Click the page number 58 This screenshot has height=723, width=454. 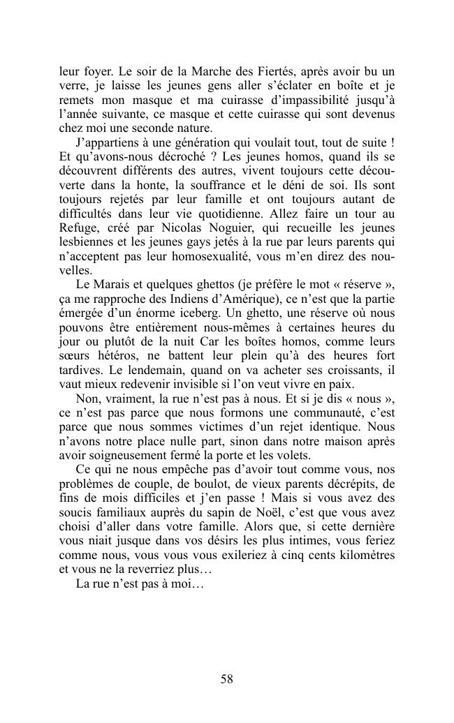226,678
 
